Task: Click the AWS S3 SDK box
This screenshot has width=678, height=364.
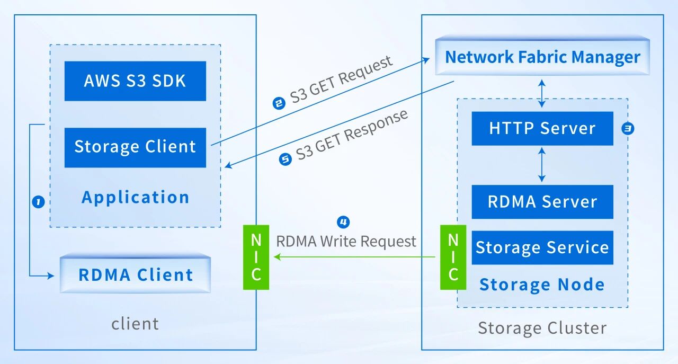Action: click(x=135, y=81)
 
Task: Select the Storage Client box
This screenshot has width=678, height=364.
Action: click(x=135, y=147)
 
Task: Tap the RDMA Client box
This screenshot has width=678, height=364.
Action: click(x=135, y=275)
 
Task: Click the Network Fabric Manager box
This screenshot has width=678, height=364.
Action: click(x=542, y=57)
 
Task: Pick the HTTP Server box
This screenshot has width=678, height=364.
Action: click(x=542, y=128)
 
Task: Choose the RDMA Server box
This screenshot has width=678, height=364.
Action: click(x=542, y=202)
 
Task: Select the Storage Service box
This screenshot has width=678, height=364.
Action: click(x=542, y=247)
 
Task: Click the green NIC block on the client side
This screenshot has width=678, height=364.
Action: click(x=256, y=257)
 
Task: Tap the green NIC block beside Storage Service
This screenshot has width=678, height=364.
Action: click(x=453, y=257)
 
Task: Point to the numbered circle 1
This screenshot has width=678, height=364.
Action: click(x=38, y=202)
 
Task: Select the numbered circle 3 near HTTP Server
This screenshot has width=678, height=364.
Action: click(x=628, y=128)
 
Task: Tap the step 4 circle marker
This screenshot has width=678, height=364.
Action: click(x=343, y=221)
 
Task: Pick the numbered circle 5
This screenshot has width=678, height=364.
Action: click(x=285, y=159)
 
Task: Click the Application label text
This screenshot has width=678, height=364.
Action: click(x=135, y=198)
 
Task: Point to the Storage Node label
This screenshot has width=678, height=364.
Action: click(x=542, y=285)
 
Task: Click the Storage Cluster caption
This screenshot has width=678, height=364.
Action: click(x=542, y=328)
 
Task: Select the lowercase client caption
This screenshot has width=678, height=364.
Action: click(x=135, y=323)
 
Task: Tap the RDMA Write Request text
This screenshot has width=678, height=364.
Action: click(x=346, y=242)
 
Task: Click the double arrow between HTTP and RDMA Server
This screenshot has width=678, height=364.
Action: click(x=541, y=165)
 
